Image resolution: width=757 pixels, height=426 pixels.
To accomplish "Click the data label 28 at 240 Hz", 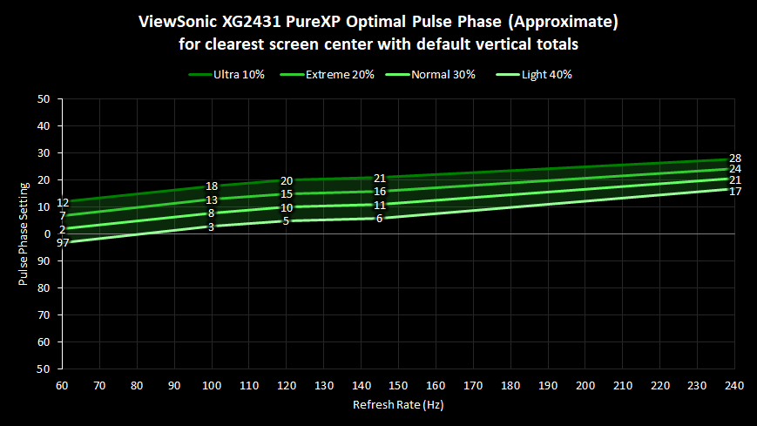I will click(x=735, y=159).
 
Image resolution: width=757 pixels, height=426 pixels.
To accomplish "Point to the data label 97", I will click(x=63, y=242).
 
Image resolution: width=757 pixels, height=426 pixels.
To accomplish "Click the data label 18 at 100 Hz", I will click(x=212, y=186).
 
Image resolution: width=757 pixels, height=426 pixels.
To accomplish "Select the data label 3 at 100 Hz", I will click(x=212, y=227).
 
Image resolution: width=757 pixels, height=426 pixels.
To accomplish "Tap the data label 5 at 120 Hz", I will click(x=287, y=221).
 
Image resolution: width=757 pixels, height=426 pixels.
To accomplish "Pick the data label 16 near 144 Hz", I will click(x=380, y=192).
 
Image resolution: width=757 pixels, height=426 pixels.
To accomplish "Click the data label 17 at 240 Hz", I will click(x=735, y=191).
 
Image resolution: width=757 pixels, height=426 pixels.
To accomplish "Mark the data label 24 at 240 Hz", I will click(x=735, y=169).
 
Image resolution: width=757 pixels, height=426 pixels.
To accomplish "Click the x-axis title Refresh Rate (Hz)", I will click(x=397, y=405).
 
